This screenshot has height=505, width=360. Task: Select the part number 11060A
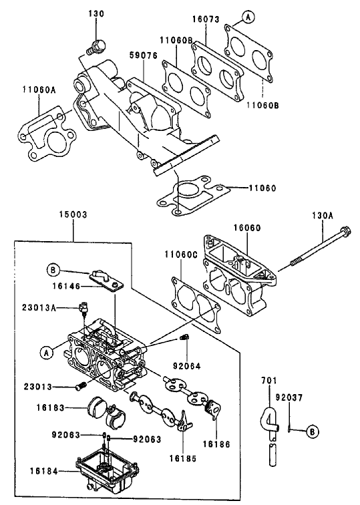38,88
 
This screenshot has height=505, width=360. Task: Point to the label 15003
72,216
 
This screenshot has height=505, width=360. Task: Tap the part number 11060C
180,255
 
